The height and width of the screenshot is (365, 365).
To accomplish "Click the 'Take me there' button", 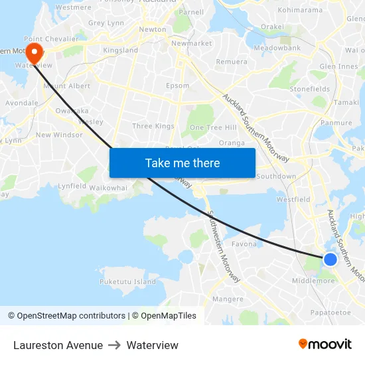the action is coord(183,163).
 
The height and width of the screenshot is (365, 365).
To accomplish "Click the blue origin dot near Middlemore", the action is coord(330,259).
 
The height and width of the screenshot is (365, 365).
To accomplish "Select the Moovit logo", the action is coord(325,344).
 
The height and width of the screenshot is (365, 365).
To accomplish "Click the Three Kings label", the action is coord(153,126).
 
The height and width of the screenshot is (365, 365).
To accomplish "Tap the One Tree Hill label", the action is coord(213,127).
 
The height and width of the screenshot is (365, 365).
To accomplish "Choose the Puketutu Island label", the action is coord(127,281).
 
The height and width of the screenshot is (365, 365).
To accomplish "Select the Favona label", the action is coord(244,244).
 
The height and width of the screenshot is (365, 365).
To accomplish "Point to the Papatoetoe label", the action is coord(330,312).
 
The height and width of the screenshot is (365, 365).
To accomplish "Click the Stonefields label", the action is coord(309,89).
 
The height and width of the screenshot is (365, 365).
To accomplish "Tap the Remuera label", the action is coord(232,61).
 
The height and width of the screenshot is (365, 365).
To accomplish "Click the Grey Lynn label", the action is coord(106,23).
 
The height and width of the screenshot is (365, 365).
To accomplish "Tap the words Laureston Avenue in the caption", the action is coord(58,345).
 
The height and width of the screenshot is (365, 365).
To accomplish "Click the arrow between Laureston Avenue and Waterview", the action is coord(115,345).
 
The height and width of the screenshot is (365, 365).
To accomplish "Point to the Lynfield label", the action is coord(72,186).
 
